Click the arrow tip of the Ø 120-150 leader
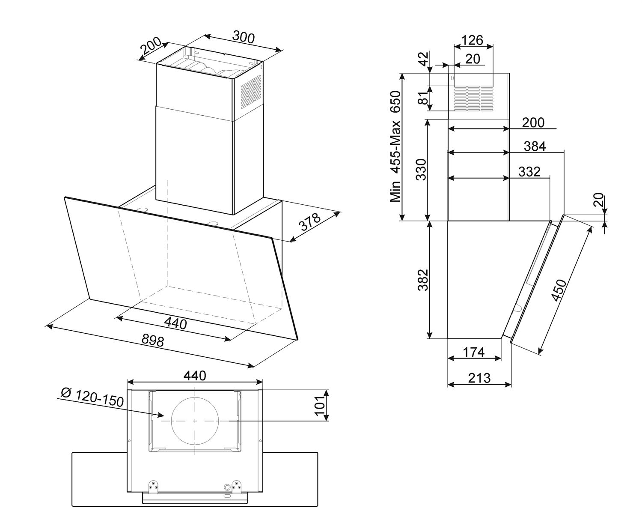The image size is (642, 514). point(164,416)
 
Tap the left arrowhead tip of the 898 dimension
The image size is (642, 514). point(46,326)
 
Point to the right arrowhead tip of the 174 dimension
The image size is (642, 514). point(501,358)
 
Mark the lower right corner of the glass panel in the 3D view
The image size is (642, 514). point(298,340)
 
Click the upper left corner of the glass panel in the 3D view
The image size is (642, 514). point(65,197)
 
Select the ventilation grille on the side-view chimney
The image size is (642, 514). point(473,98)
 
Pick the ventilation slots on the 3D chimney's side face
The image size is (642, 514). point(251,89)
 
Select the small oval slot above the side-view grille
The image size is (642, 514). point(452,78)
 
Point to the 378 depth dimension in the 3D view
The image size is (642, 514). point(311,222)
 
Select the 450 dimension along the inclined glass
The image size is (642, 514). point(558,290)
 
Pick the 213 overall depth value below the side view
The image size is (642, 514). point(479,378)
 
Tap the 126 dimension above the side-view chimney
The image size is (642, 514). point(472,40)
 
